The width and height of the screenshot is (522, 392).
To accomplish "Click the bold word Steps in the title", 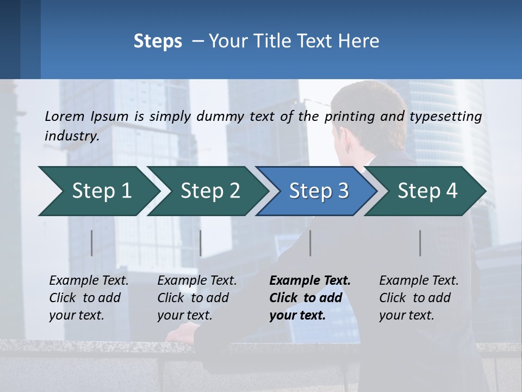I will pos(158,41).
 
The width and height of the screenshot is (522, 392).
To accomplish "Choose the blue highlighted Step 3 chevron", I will pos(316,191).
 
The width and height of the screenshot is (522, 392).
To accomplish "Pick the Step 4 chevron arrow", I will pos(426,191).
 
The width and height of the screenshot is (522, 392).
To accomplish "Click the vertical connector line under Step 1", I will pos(92,243).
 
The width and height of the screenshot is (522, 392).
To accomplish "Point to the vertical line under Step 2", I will pos(201,243).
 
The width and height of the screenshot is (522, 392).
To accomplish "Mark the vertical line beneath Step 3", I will pos(310,243).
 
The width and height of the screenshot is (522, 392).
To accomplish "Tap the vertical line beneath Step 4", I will pos(420,243).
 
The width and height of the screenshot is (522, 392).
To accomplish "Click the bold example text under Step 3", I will pos(309,298).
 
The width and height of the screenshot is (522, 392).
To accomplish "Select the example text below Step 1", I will pos(89,298).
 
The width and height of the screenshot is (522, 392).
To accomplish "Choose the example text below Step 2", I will pos(197,298).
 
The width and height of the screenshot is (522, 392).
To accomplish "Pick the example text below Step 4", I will pos(418,298).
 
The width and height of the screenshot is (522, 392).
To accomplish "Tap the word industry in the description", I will pos(72,136).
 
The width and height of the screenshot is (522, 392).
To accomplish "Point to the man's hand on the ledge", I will pos(182,332).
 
